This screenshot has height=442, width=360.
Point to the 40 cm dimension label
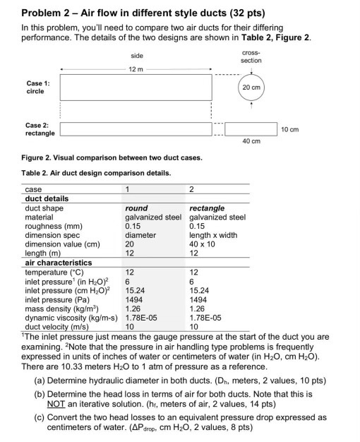251,141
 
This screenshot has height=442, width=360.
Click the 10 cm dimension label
289,129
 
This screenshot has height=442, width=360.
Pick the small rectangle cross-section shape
251,129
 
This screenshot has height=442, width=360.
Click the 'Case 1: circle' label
35,87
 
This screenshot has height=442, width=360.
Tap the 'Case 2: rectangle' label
40,129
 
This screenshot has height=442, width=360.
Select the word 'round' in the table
136,208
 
